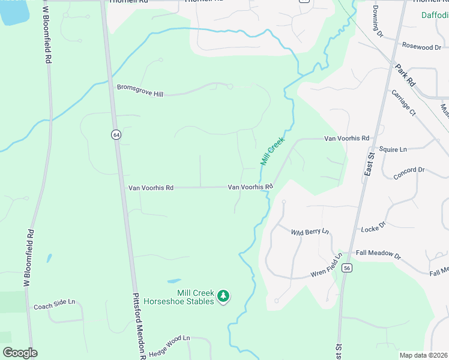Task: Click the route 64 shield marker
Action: coord(115,134)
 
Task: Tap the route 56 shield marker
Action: coord(347,269)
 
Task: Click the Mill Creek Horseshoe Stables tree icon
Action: coord(223,295)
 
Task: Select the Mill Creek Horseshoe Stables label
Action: coord(182,296)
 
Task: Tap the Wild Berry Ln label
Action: coord(310,232)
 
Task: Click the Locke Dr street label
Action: coord(373,229)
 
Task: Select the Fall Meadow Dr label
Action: coord(378,254)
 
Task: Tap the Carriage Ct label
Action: coord(403,103)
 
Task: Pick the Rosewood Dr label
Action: coord(421,46)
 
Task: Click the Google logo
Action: coord(20,353)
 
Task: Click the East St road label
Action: coord(369,162)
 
